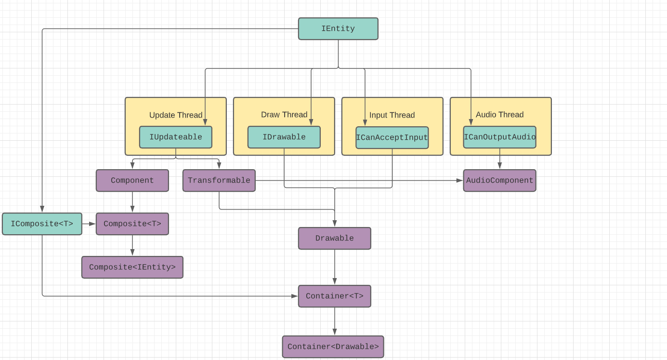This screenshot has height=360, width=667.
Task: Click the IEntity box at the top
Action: tap(338, 29)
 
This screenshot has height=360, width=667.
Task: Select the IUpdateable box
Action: tap(175, 137)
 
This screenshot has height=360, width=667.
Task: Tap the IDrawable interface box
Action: tap(284, 137)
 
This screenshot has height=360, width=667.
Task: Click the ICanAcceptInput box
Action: tap(392, 138)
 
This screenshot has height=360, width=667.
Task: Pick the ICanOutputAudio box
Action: tap(499, 137)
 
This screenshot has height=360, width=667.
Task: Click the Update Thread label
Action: tap(175, 115)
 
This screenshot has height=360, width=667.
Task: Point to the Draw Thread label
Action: tap(284, 115)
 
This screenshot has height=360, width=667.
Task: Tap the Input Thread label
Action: tap(392, 115)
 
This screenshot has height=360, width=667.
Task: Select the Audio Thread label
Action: tap(499, 115)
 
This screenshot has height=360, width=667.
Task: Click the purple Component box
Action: tap(132, 181)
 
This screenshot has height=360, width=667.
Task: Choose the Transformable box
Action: tap(219, 181)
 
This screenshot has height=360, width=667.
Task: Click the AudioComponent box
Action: tap(499, 181)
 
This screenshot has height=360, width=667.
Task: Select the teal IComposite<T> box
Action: tap(42, 224)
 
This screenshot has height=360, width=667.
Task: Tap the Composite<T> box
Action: tap(132, 224)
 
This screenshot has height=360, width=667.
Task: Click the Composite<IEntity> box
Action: tap(132, 267)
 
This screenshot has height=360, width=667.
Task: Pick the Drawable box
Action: tap(334, 239)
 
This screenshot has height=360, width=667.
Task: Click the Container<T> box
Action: tap(334, 296)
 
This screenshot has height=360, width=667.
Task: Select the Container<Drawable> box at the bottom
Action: tap(333, 347)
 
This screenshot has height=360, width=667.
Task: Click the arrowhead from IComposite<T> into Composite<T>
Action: tap(92, 224)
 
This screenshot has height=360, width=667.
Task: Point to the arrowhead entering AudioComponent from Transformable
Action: tap(459, 181)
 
